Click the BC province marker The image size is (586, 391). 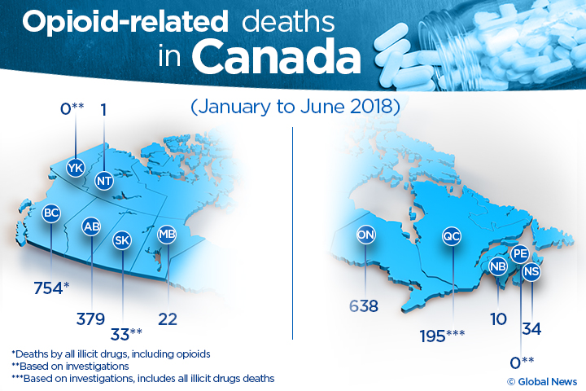point(52,213)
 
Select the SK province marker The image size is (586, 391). point(123,240)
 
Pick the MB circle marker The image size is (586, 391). point(167,235)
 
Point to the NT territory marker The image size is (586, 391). point(104,180)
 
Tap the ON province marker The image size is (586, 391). point(366,235)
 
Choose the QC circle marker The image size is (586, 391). point(452,235)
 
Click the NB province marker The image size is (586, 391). point(497,266)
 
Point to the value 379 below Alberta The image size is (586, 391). point(91,319)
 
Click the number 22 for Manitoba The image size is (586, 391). point(168,319)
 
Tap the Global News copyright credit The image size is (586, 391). point(541,381)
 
